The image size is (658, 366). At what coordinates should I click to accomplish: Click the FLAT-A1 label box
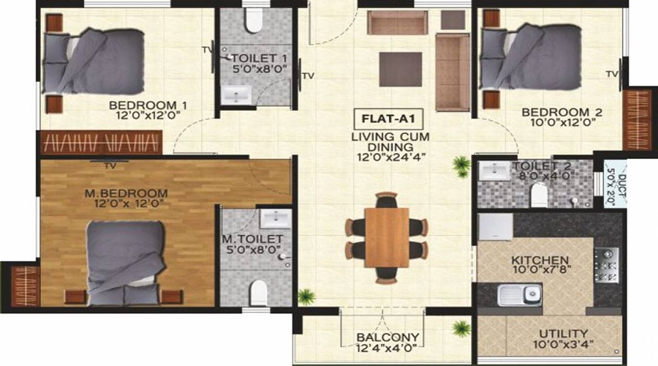pyautogui.click(x=388, y=119)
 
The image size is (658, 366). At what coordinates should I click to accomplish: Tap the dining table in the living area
pyautogui.click(x=387, y=237)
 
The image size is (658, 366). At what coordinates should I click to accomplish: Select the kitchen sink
pyautogui.click(x=520, y=295)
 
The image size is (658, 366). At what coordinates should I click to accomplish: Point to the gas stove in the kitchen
pyautogui.click(x=606, y=265)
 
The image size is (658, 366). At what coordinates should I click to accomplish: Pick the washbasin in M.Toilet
pyautogui.click(x=276, y=219)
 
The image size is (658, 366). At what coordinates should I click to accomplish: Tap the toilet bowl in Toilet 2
pyautogui.click(x=539, y=195)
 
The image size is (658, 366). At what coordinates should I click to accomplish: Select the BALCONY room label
pyautogui.click(x=387, y=337)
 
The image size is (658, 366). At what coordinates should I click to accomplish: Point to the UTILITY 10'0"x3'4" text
pyautogui.click(x=563, y=339)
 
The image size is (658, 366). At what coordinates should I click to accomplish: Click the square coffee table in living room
pyautogui.click(x=401, y=70)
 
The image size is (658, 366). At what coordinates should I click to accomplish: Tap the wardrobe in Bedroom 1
pyautogui.click(x=101, y=142)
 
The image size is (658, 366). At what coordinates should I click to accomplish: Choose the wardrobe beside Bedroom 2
pyautogui.click(x=638, y=119)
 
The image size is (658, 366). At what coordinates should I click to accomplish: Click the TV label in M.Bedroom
pyautogui.click(x=110, y=166)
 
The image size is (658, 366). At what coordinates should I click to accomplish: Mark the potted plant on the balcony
pyautogui.click(x=461, y=327)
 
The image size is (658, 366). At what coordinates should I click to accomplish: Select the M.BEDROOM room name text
pyautogui.click(x=126, y=194)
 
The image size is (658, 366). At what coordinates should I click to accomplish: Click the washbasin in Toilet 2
pyautogui.click(x=495, y=171)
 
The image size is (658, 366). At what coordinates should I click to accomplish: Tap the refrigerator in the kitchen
pyautogui.click(x=495, y=228)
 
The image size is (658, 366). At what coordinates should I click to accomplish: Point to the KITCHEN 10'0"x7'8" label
pyautogui.click(x=540, y=265)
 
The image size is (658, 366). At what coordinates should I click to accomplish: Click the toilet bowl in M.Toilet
pyautogui.click(x=258, y=293)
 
